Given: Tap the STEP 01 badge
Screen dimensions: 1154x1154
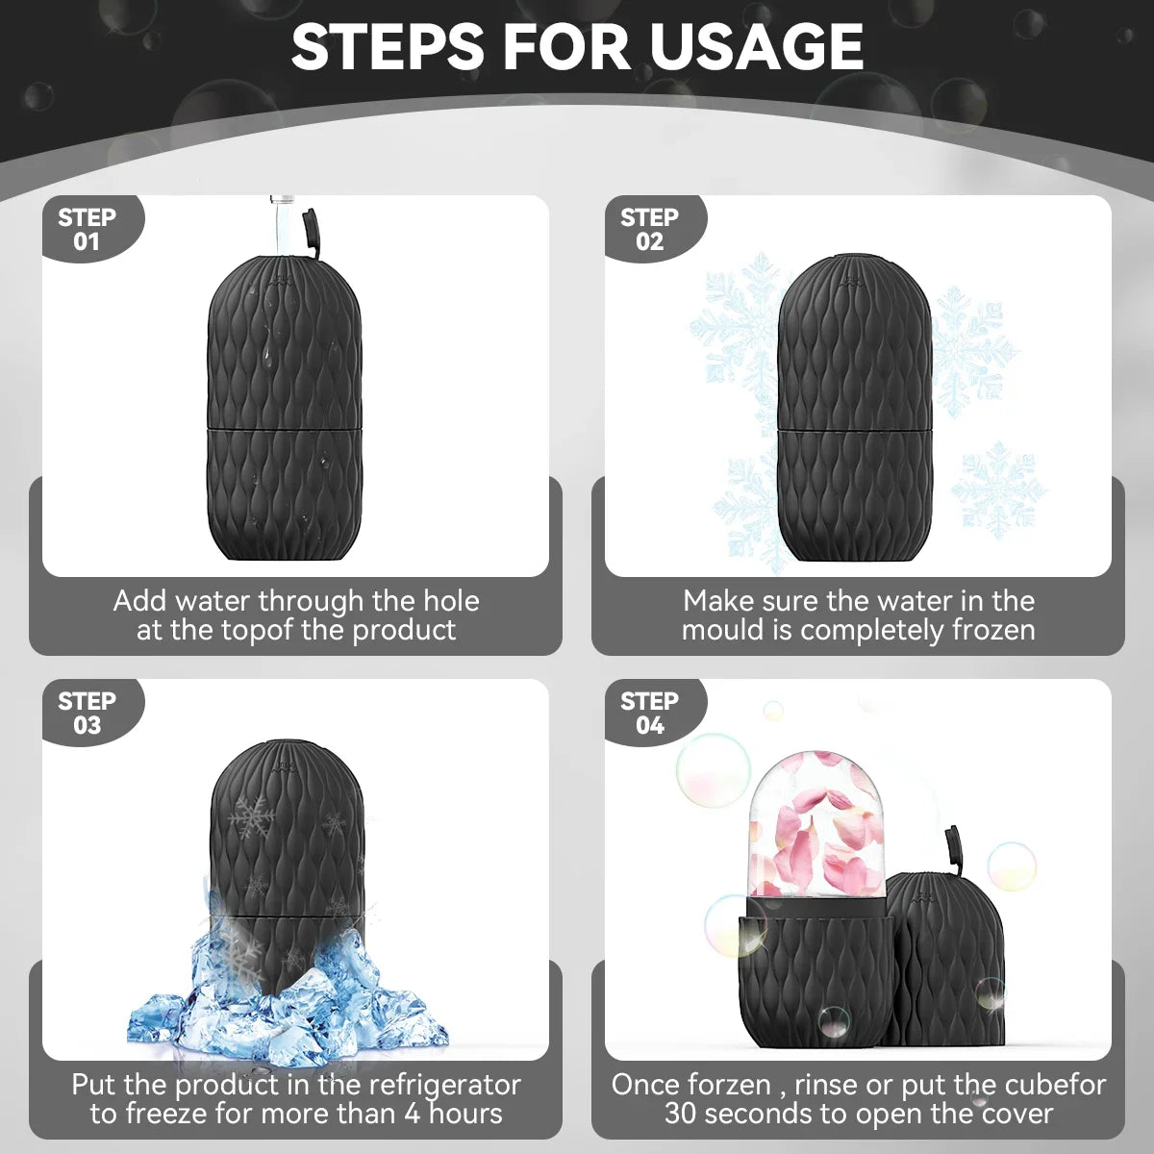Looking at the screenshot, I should pyautogui.click(x=87, y=229).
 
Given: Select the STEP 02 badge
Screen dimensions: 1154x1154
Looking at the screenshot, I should pyautogui.click(x=649, y=229).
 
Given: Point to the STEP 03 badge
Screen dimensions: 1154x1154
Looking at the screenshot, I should pyautogui.click(x=87, y=713).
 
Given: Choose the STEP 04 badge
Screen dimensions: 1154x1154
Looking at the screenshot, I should pyautogui.click(x=649, y=713).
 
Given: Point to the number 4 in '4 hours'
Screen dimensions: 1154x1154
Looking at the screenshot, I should pyautogui.click(x=412, y=1114).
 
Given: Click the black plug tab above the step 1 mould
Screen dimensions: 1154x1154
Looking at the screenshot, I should pyautogui.click(x=311, y=233).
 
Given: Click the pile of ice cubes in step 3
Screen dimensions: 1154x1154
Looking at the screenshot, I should pyautogui.click(x=288, y=1000).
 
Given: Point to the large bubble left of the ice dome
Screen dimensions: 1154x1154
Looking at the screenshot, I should pyautogui.click(x=713, y=769).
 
